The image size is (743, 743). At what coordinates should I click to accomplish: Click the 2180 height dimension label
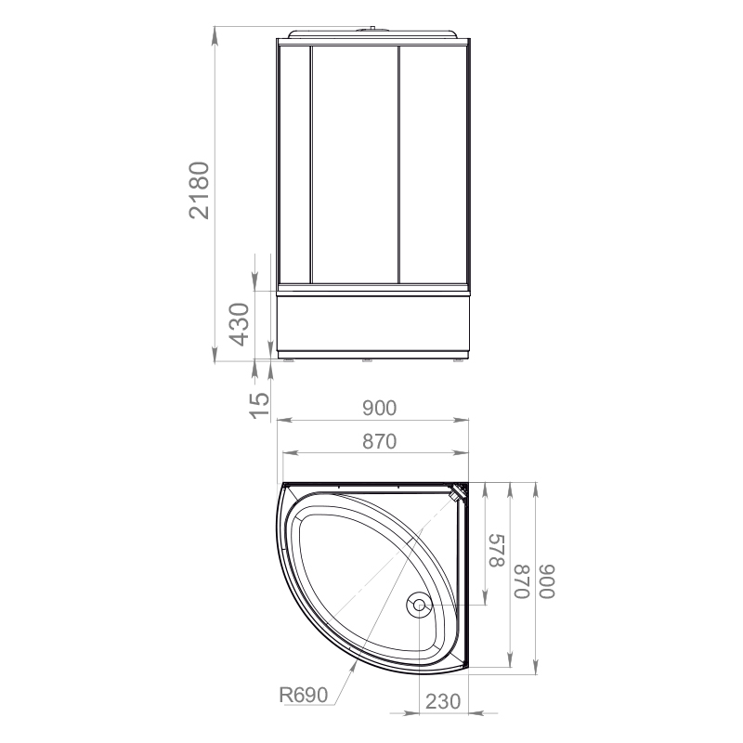[199, 190]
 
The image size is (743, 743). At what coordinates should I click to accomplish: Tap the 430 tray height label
[239, 324]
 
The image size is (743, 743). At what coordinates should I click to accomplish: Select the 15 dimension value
[259, 406]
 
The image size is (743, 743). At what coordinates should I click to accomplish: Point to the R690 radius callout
[304, 695]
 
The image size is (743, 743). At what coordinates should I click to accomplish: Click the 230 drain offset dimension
[443, 701]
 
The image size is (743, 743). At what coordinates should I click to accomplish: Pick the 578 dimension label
[497, 550]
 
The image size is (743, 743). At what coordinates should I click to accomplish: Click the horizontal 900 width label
[379, 408]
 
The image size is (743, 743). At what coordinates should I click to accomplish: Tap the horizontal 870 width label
[379, 441]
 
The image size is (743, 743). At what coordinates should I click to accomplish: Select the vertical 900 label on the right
[547, 582]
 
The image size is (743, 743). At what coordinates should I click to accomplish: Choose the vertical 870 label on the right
[521, 582]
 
